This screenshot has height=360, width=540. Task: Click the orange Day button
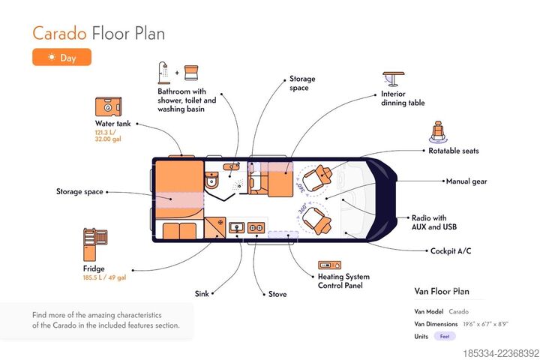click(x=62, y=57)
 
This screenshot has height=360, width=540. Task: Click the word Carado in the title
click(x=59, y=34)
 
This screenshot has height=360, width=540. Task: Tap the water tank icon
click(x=108, y=106)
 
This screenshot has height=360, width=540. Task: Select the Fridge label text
click(x=94, y=268)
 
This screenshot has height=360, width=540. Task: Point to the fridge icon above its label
click(x=95, y=244)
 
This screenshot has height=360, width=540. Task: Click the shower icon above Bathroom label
click(x=164, y=73)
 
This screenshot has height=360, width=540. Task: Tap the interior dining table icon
click(x=393, y=79)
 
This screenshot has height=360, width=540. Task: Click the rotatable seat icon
click(x=438, y=131)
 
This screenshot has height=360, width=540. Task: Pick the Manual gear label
click(x=466, y=181)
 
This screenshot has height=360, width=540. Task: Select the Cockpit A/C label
click(x=451, y=250)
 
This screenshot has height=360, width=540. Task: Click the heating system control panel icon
click(x=329, y=265)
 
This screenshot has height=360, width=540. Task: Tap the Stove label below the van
click(x=277, y=294)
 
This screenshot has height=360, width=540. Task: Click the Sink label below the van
click(x=202, y=294)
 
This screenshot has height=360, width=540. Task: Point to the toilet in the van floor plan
click(x=211, y=180)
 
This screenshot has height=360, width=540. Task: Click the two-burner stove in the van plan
click(x=256, y=228)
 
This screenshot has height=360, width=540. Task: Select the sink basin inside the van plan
click(x=236, y=227)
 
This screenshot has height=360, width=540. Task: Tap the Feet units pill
click(x=445, y=336)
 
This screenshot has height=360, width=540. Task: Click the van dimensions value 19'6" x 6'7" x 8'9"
click(x=485, y=324)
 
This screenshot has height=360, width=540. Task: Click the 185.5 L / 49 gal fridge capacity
click(x=104, y=277)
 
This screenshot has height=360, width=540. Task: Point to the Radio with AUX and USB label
click(x=434, y=222)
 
